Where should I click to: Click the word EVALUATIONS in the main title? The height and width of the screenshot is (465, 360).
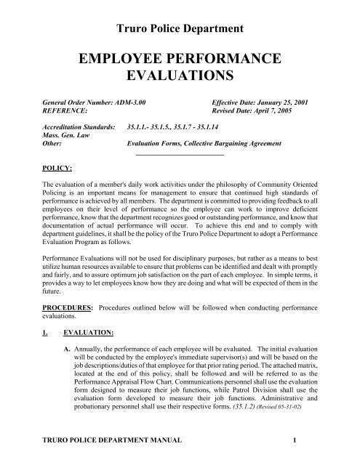pyautogui.click(x=180, y=76)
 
